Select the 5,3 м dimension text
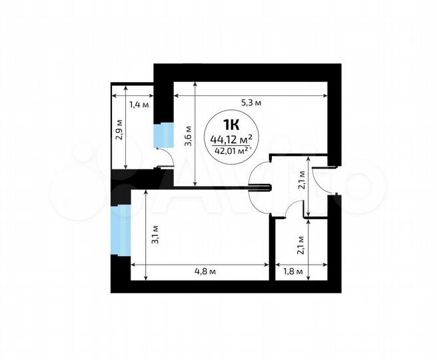[x=250, y=103]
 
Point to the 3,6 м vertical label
[x=188, y=135]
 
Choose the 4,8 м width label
[x=201, y=272]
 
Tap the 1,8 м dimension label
[x=293, y=272]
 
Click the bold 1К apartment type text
[x=231, y=123]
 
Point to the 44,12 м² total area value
[x=230, y=139]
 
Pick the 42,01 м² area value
[x=231, y=151]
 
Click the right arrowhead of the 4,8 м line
[x=266, y=265]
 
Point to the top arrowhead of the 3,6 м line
[x=195, y=84]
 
